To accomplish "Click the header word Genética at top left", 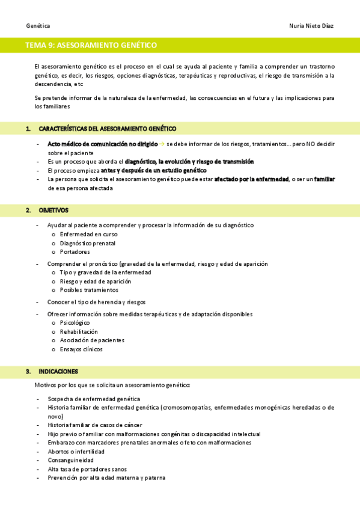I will point(38,26).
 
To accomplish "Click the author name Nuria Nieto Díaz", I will point(311,26).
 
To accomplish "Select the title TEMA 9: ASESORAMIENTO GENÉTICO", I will point(91,45).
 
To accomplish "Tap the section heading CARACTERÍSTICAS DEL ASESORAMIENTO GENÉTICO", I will point(107,129).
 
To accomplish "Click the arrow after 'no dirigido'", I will point(162,144).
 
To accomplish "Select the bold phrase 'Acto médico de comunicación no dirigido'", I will point(102,144).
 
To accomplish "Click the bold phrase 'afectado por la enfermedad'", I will point(252,179).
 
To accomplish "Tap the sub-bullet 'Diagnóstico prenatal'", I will point(88,243).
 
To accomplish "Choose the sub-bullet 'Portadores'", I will point(75,252).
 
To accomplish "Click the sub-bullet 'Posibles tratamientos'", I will point(89,290).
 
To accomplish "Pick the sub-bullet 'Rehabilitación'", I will point(79,331).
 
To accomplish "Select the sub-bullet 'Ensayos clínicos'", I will point(81,349).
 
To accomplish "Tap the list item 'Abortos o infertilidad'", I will point(76,451).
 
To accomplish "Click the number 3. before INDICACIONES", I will point(28,371).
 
